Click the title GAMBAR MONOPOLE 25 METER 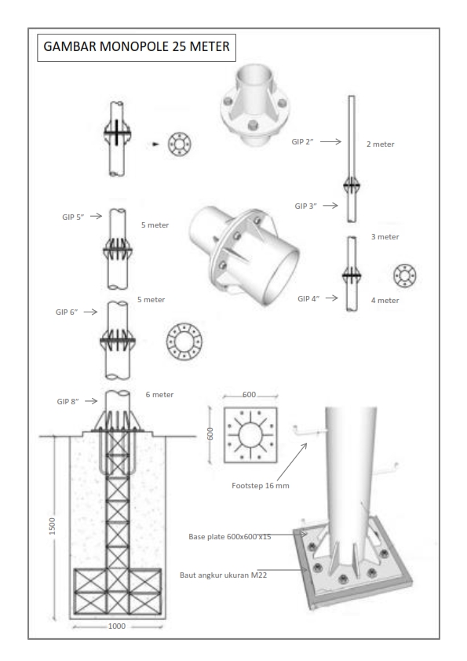point(137,46)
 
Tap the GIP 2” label point(303,142)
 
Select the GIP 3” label point(305,206)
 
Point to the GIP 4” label point(308,298)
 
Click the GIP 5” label point(73,217)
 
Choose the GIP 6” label point(67,312)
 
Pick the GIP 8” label point(67,402)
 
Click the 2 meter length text point(380,144)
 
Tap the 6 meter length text point(159,395)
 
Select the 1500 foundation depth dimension point(53,526)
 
